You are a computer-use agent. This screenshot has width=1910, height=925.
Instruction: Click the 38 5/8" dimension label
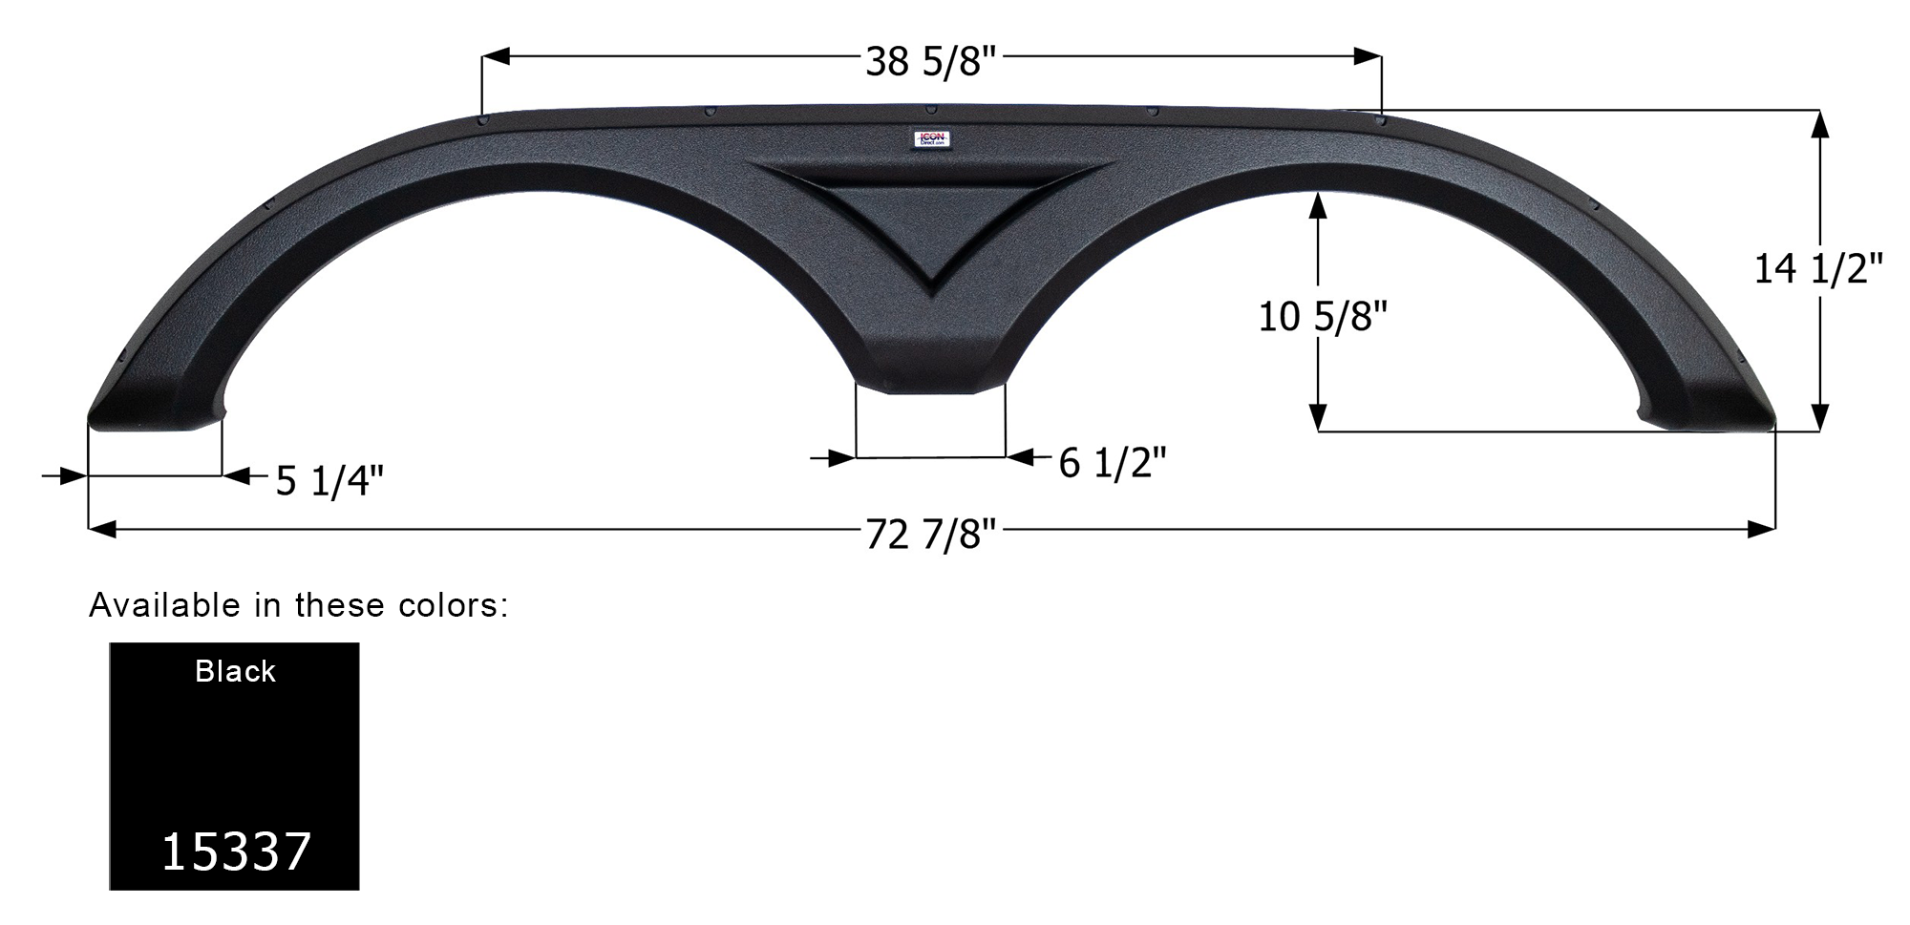(931, 62)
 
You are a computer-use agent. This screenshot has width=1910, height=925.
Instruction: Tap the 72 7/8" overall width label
(931, 535)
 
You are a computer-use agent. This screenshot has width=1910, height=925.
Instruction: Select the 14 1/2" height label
(1817, 270)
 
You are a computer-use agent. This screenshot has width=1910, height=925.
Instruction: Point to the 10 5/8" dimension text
(1322, 316)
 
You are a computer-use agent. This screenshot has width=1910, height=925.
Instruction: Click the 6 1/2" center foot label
(1113, 464)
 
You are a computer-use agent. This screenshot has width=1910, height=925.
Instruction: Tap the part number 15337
(236, 851)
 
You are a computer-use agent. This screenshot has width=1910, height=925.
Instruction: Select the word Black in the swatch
(235, 672)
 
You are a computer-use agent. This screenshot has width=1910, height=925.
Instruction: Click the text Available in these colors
(298, 605)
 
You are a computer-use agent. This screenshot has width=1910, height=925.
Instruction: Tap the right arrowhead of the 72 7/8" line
(1762, 529)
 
